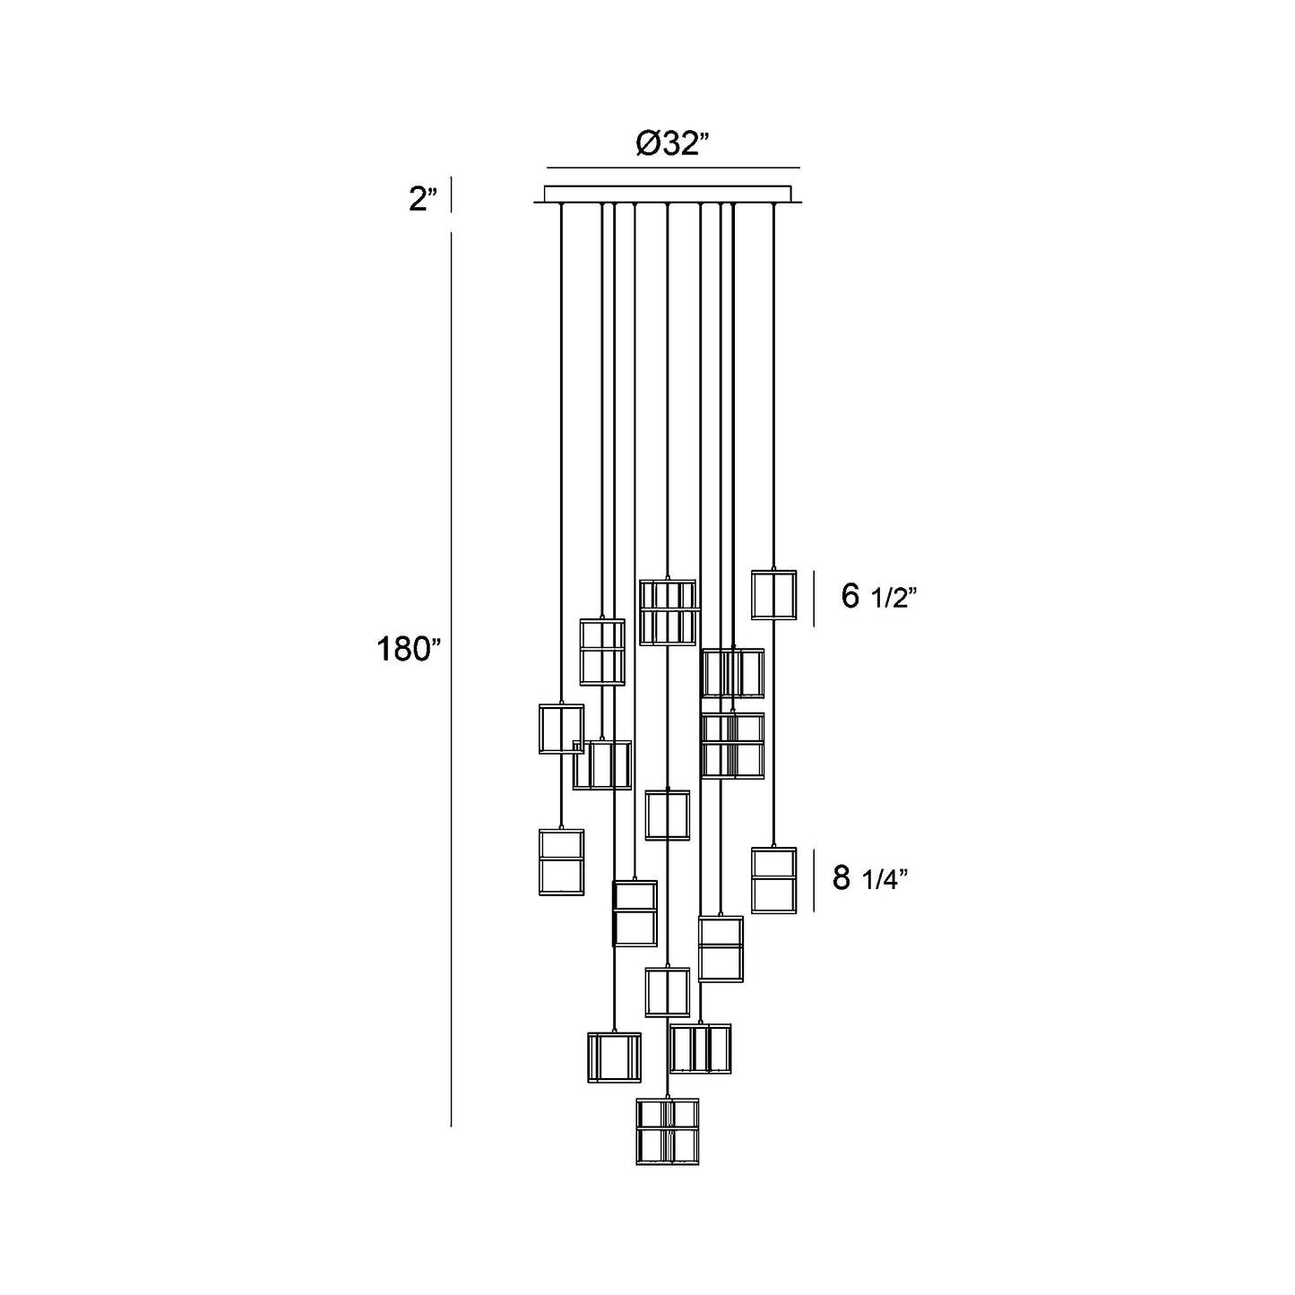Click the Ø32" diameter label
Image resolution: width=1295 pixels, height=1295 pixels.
[x=673, y=143]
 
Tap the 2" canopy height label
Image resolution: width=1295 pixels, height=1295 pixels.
[x=423, y=199]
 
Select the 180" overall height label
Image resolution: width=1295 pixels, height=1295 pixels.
[x=408, y=649]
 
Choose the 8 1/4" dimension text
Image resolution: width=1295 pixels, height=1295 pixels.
[x=870, y=877]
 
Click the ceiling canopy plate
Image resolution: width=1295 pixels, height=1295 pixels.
[x=668, y=194]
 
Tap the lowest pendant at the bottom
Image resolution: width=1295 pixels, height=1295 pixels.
[x=668, y=1131]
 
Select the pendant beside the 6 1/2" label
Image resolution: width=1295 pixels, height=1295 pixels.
[x=773, y=595]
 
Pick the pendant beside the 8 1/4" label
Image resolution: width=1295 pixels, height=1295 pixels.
[x=773, y=880]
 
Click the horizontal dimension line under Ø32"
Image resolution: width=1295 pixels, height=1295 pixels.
[x=673, y=168]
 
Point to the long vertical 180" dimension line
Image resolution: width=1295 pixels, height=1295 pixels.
[x=451, y=678]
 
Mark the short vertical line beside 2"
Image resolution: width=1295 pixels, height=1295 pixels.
[x=451, y=194]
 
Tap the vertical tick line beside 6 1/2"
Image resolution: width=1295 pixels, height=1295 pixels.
[x=814, y=599]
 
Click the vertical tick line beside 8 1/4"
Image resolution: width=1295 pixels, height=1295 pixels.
[x=815, y=880]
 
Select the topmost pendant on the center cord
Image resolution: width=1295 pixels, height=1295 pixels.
[x=668, y=612]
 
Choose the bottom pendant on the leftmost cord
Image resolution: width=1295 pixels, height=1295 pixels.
[x=561, y=862]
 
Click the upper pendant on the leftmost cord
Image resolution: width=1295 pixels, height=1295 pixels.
[x=561, y=729]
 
